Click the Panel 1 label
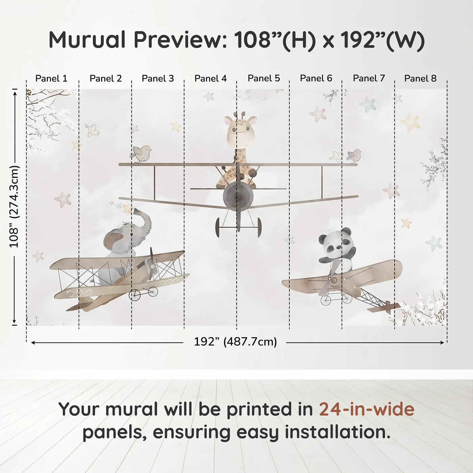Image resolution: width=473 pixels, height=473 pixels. [51, 78]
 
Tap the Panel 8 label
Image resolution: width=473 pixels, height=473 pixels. [420, 78]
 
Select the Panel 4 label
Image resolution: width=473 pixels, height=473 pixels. [210, 78]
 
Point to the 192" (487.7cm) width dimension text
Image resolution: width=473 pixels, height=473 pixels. [235, 342]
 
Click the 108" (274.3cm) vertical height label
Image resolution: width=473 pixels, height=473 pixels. [14, 206]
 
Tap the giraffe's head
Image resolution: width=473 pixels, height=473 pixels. [240, 130]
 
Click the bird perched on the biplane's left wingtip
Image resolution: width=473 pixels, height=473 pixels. [141, 153]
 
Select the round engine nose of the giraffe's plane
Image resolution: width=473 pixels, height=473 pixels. [238, 196]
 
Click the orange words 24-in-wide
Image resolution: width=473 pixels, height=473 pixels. [367, 409]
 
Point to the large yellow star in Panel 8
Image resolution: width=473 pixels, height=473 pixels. [410, 122]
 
